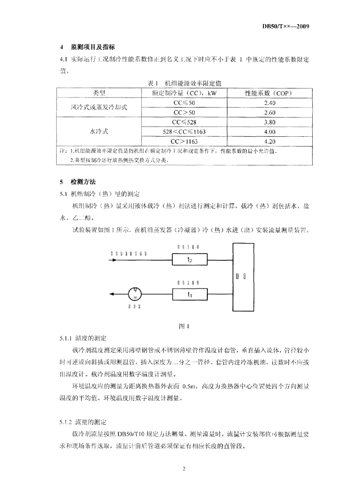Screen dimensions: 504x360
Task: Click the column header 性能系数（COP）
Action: (x=268, y=92)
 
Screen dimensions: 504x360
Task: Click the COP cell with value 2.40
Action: (x=269, y=102)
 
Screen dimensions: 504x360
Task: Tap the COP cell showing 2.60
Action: (x=269, y=112)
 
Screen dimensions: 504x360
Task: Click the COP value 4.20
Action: (x=269, y=142)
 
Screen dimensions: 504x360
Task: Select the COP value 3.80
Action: (x=269, y=122)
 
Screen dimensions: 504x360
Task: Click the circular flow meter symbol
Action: (x=135, y=294)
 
